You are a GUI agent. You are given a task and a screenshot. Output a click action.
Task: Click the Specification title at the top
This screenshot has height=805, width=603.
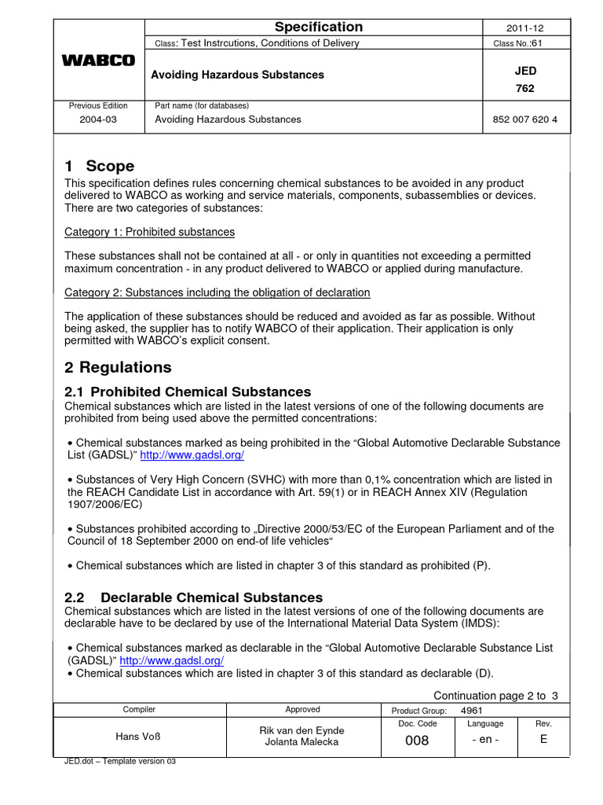point(318,27)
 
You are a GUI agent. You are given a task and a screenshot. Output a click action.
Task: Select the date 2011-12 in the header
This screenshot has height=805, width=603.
point(525,28)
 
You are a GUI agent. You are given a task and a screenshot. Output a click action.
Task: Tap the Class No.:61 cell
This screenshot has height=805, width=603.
point(525,43)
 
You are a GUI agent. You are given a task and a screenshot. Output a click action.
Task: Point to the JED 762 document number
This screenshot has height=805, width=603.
point(525,79)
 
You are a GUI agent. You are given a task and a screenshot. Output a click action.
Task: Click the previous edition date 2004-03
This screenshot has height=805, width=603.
point(98,120)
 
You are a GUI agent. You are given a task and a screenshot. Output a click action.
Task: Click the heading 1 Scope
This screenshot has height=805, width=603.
point(99,166)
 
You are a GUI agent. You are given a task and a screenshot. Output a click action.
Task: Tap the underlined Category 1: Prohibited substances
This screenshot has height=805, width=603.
point(149,232)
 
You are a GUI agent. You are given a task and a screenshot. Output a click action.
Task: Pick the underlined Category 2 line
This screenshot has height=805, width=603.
point(217,292)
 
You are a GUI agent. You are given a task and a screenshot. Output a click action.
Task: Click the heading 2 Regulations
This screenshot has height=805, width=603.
point(118,367)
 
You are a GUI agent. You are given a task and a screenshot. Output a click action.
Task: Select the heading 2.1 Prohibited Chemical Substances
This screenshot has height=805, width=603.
point(188,391)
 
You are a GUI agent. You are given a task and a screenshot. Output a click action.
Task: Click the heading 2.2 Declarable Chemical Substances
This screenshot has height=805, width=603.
point(193,597)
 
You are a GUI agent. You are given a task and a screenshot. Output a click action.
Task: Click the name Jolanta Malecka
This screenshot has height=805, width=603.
point(301,743)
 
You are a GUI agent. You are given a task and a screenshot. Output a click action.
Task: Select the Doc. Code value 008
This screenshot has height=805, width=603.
point(416,741)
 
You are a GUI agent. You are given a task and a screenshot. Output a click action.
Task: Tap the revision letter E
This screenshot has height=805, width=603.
point(543,741)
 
